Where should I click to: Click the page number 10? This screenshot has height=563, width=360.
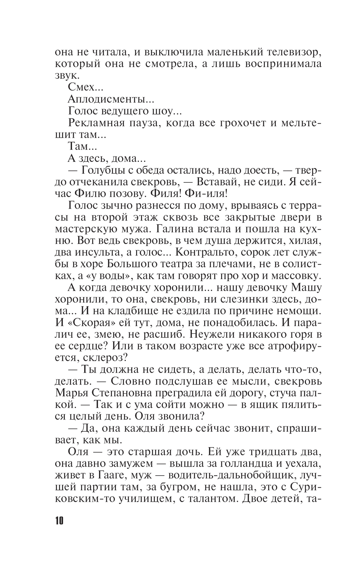pyautogui.click(x=59, y=521)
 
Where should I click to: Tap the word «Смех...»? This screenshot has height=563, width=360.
pyautogui.click(x=81, y=87)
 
